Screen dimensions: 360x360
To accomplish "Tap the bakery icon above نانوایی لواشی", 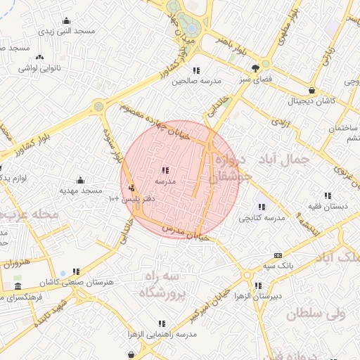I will tap(39, 57).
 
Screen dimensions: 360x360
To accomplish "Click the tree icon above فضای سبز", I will tap(255, 68).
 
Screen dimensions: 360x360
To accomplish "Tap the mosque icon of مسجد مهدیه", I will tap(80, 180).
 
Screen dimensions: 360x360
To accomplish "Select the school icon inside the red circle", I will tap(165, 170).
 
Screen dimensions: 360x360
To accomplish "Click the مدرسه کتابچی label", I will tap(262, 218).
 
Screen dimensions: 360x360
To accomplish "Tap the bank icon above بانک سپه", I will tap(278, 255).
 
